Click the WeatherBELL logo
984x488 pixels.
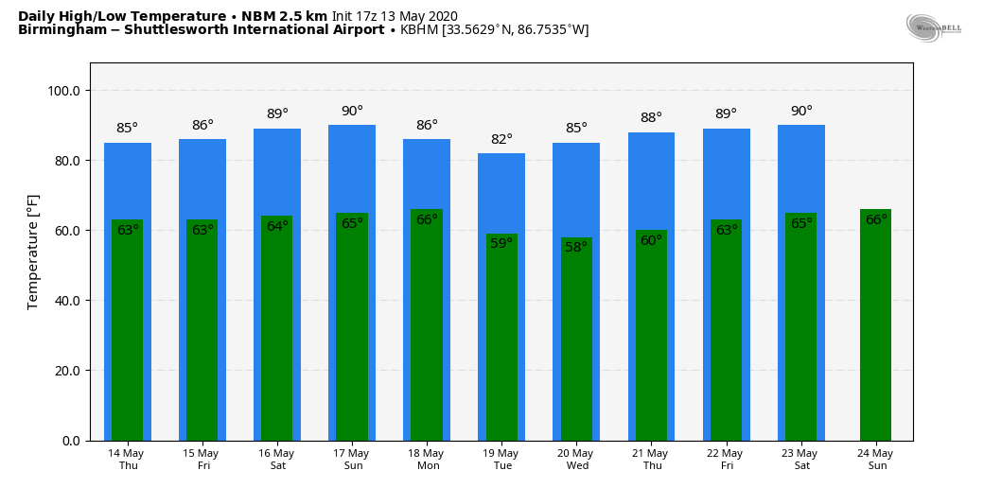pos(933,27)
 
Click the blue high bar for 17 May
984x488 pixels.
pos(352,170)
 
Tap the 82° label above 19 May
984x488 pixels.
pos(501,140)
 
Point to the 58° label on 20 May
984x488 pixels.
pos(576,247)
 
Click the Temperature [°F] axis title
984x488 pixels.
pos(33,252)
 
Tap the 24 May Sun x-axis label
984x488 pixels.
pos(876,460)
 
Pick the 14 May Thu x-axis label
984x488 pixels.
pos(128,460)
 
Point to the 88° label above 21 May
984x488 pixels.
pos(651,118)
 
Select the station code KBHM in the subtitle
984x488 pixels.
pos(419,30)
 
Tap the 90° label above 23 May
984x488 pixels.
pos(801,112)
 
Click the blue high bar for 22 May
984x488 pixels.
pos(727,175)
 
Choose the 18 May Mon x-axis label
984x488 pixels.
pos(427,460)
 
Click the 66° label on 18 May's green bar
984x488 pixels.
pos(427,220)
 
